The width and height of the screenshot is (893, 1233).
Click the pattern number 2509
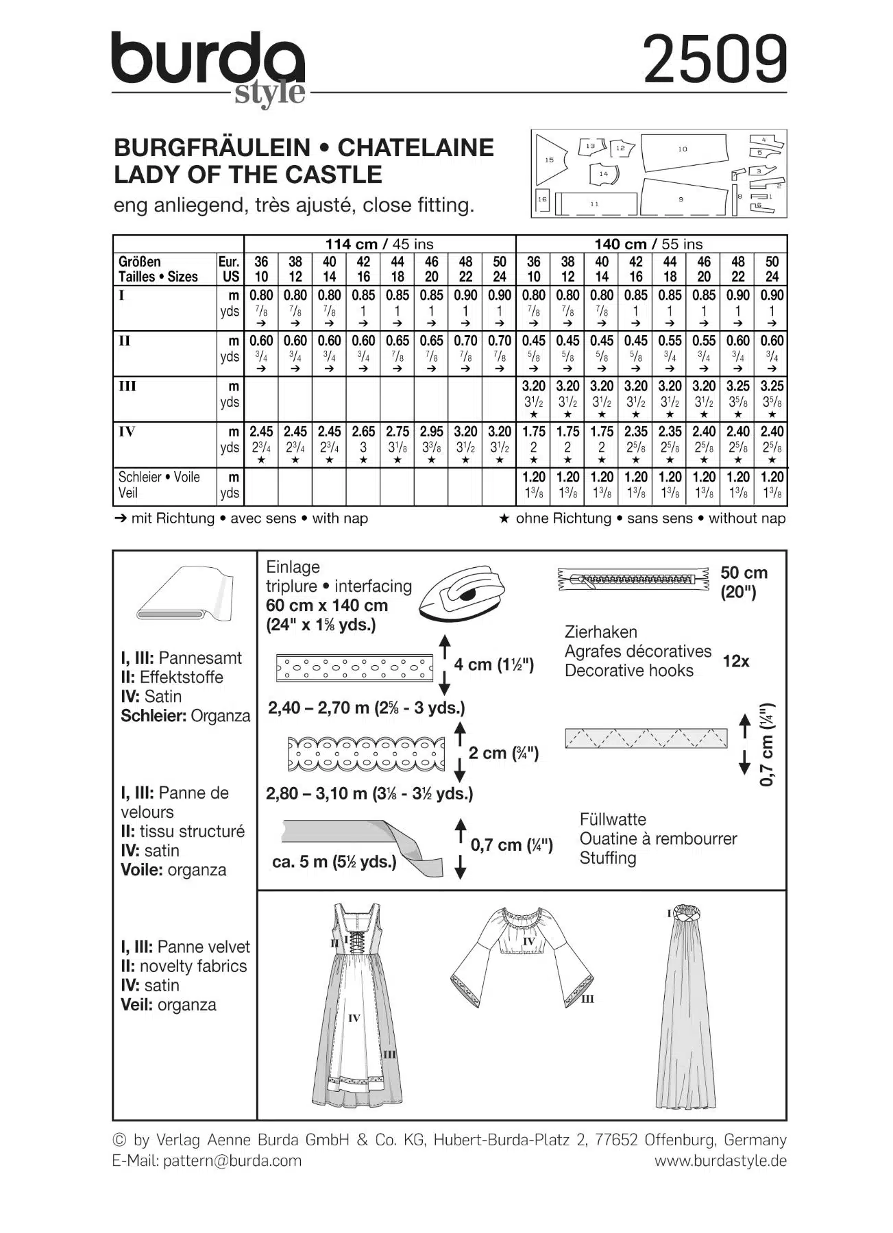point(715,60)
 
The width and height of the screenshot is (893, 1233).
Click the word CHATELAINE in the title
point(415,147)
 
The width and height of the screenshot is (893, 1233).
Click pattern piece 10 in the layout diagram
point(683,151)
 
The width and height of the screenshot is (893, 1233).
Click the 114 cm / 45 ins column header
point(379,244)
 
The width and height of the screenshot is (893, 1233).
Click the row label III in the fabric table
point(127,386)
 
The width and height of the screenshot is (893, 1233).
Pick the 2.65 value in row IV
point(363,432)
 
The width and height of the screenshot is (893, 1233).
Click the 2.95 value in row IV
point(431,432)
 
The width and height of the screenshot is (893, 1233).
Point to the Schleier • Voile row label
point(159,477)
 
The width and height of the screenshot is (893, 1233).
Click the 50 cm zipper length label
point(743,573)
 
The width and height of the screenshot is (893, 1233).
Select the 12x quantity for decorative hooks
point(736,661)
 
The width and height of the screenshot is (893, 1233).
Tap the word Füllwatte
point(612,819)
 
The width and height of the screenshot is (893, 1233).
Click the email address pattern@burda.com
point(232,1160)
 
